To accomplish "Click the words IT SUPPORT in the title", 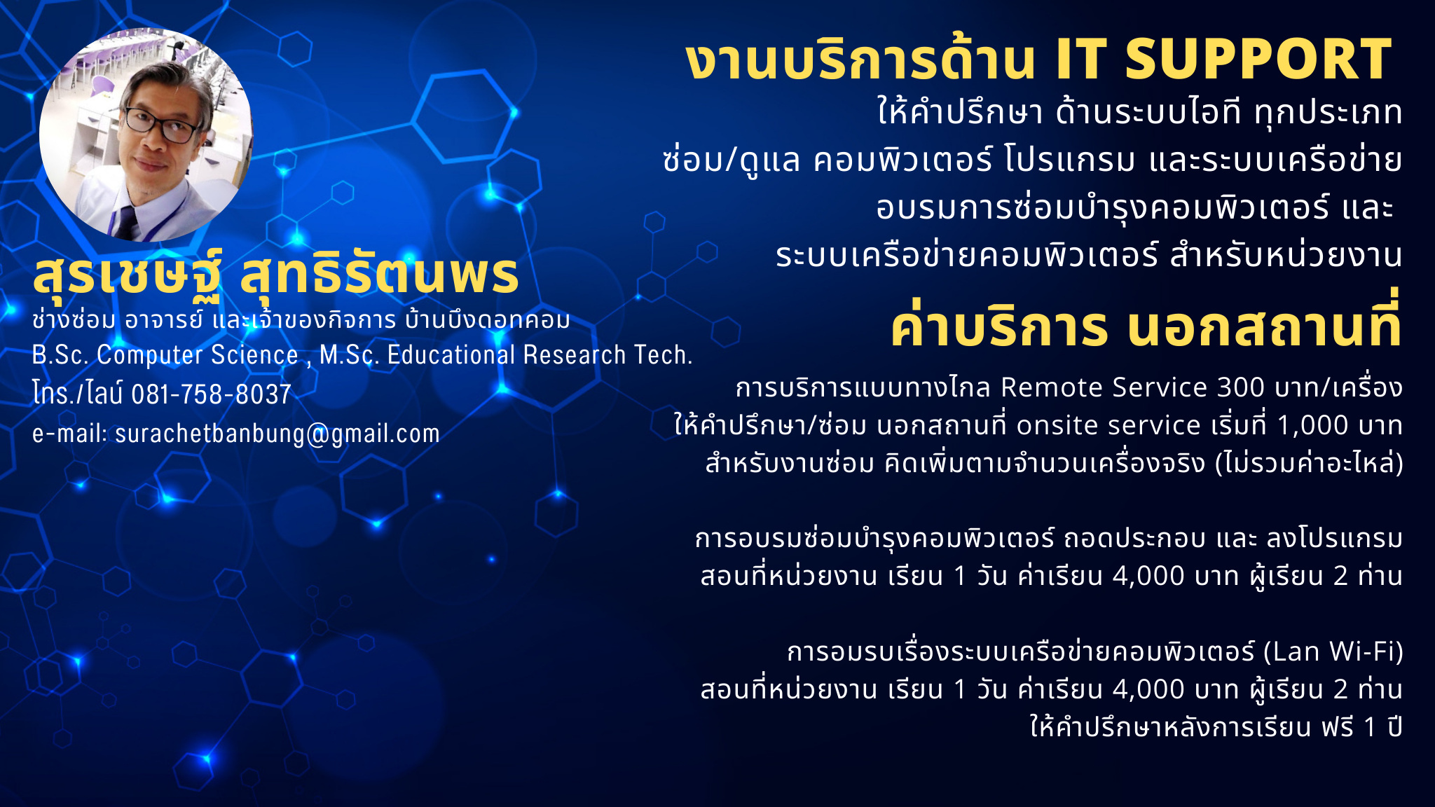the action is pos(1223,59).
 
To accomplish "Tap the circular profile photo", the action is pos(146,135).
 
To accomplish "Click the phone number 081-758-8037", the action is pos(211,394).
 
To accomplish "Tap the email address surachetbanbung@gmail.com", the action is pos(277,434).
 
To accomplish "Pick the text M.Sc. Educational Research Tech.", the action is pos(506,355).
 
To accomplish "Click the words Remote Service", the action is pos(1104,387).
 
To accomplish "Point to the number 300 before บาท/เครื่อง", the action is pos(1241,387).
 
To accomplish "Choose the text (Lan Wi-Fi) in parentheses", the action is pos(1333,652).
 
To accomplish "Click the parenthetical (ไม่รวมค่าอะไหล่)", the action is pos(1309,463).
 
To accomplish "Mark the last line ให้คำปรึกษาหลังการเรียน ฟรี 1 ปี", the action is pos(1216,727).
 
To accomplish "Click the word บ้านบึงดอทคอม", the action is pos(488,320).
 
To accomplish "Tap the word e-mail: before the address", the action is pos(69,434).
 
